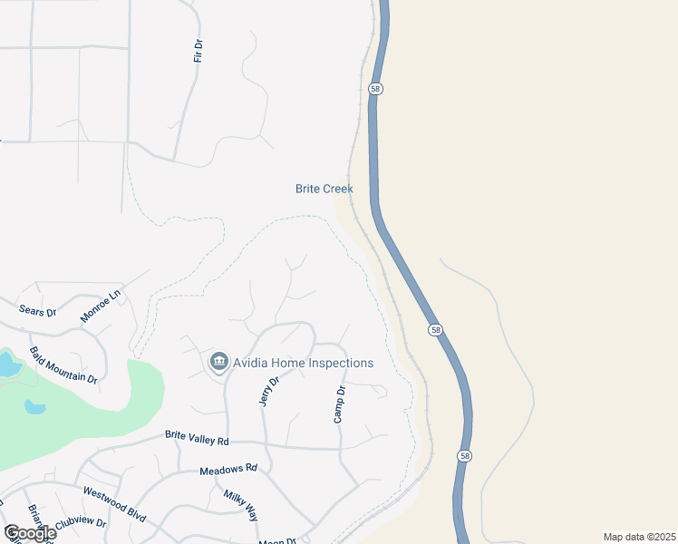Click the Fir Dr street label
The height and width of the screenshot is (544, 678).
coord(198,51)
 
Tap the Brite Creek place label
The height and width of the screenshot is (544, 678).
coord(324,189)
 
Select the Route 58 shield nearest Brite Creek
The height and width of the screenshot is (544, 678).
coord(375,88)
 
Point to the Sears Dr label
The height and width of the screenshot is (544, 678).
coord(38,310)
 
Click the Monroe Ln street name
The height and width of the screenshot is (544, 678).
coord(100,306)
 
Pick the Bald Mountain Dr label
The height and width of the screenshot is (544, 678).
coord(63,364)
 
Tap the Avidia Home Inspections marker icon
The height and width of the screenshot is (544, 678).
coord(218,363)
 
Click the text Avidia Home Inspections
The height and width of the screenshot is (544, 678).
coord(303,363)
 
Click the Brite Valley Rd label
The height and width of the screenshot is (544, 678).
coord(198,436)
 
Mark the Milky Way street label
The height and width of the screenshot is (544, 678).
coord(240,503)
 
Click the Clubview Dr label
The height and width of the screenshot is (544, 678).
coord(82,524)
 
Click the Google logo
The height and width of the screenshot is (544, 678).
coord(29,533)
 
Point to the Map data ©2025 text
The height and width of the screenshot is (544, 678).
coord(639,537)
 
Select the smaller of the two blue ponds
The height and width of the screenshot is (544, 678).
coord(34,406)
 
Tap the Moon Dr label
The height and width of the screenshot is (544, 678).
coord(277,541)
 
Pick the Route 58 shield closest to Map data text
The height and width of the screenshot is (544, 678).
coord(463,456)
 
